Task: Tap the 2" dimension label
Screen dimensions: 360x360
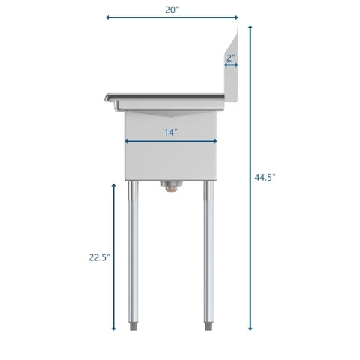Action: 231,57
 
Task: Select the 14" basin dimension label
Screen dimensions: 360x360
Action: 171,132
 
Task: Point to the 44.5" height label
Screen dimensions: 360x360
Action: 265,178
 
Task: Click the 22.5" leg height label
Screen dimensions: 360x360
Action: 98,256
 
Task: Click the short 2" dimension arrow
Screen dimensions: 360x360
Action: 231,65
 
